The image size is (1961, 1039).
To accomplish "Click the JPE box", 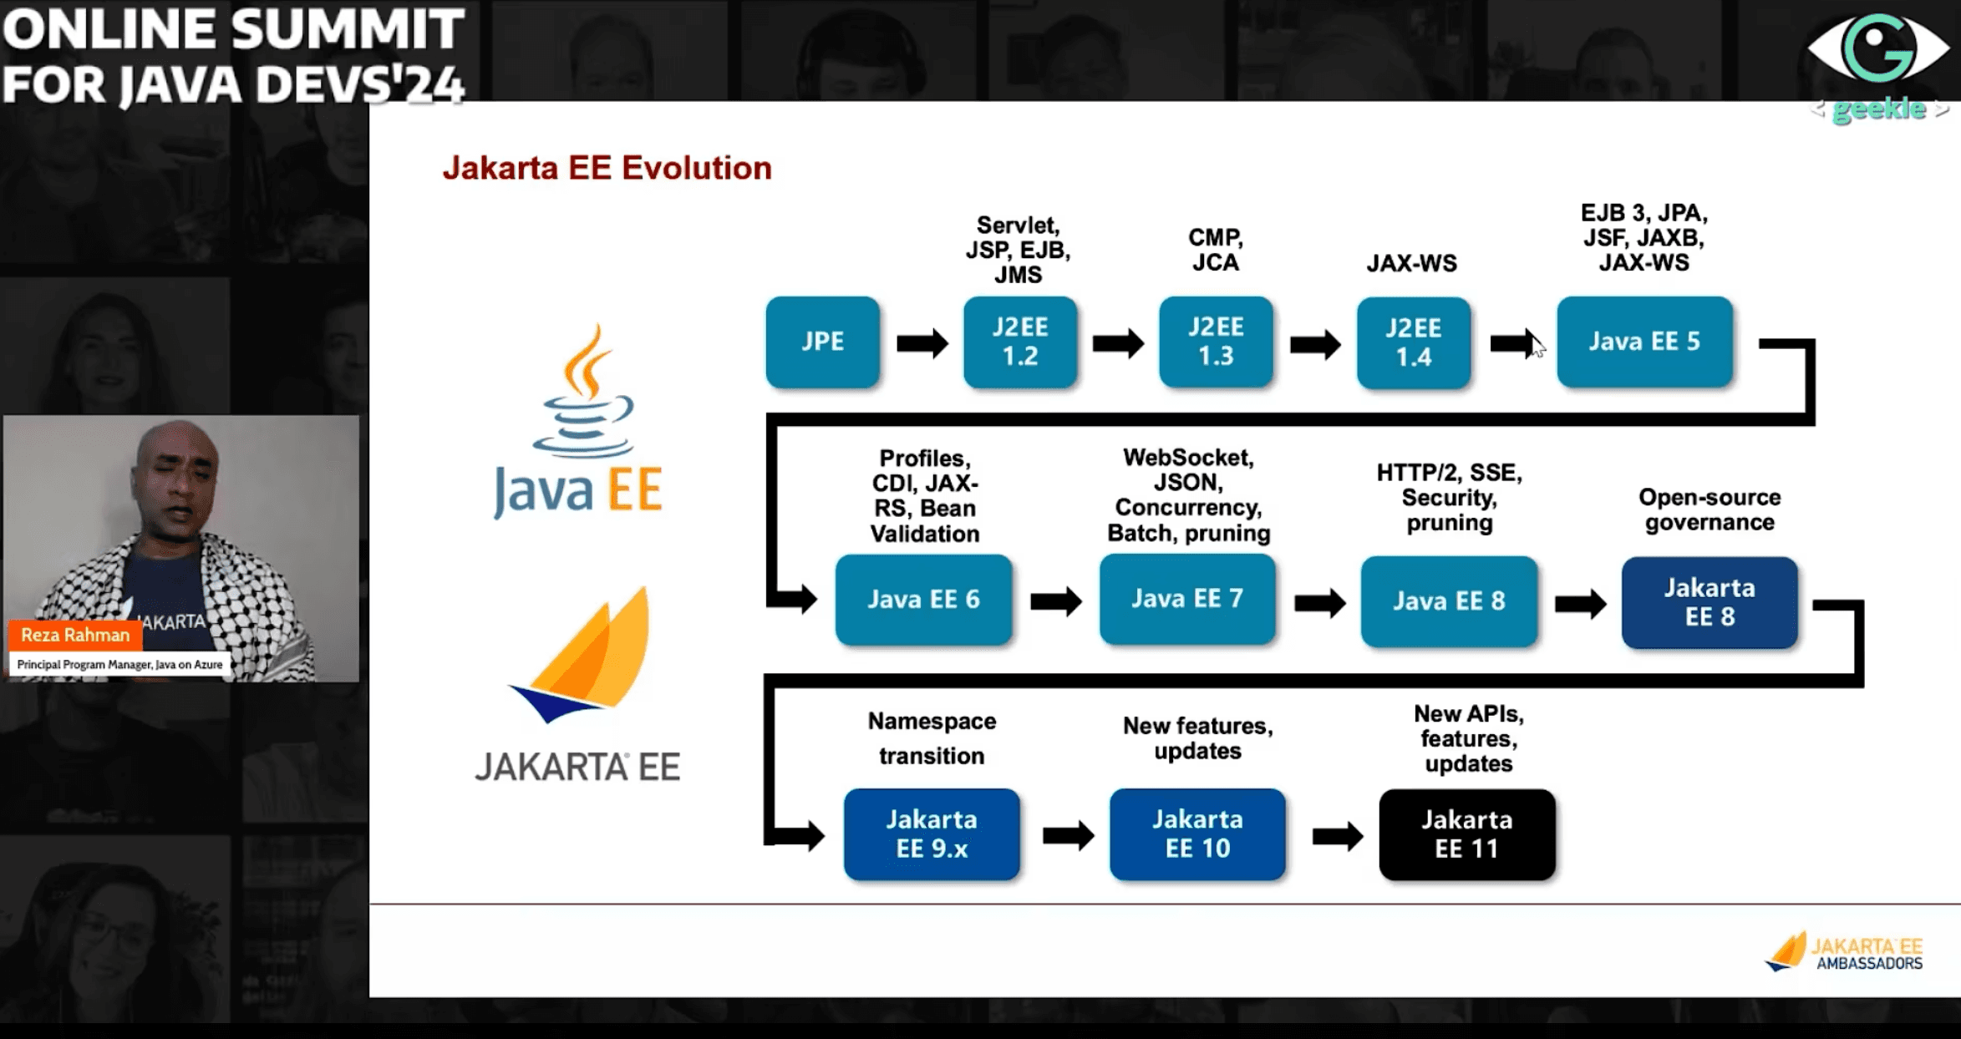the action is click(822, 342).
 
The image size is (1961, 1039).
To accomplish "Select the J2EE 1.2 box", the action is click(1020, 342).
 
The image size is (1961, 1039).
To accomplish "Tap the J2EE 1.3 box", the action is click(1216, 342).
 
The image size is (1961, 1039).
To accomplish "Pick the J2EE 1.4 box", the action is click(1414, 342).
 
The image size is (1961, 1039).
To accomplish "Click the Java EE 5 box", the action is click(1644, 342).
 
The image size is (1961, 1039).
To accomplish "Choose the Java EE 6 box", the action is click(923, 600).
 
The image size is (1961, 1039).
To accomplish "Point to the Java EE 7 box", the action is click(1187, 599).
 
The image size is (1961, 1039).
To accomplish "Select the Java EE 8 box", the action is click(1449, 601).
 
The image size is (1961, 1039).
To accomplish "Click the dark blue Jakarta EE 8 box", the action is click(1710, 602).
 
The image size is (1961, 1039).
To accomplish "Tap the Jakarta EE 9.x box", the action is click(932, 834).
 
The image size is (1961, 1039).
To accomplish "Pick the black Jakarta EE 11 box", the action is click(1467, 834).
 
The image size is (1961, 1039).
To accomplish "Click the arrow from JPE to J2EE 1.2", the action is click(922, 343).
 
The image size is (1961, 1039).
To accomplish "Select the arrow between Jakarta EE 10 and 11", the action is click(1338, 836).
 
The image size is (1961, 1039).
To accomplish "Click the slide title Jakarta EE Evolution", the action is click(607, 168).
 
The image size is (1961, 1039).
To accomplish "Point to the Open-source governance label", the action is click(1710, 509).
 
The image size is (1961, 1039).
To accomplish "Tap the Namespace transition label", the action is click(932, 737).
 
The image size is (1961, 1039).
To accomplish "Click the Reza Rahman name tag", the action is click(75, 635).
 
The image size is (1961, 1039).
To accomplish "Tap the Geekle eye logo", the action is click(1878, 48).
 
